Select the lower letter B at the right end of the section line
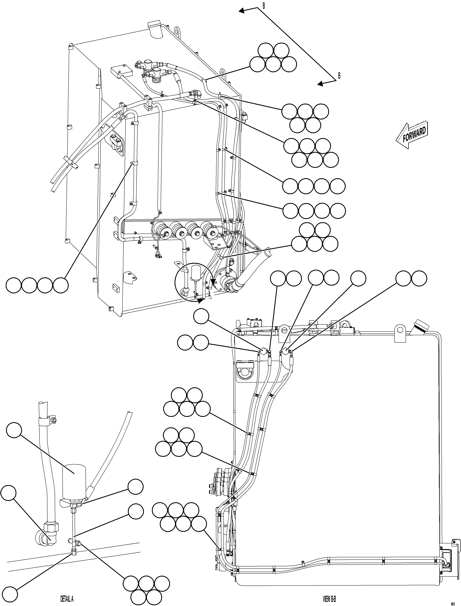pyautogui.click(x=339, y=76)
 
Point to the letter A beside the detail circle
pyautogui.click(x=210, y=294)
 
